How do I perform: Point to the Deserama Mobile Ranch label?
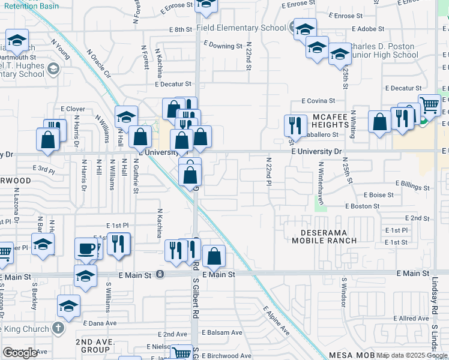coord(324,236)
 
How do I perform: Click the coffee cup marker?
coord(86,248)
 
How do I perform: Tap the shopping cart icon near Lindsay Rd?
coord(430,106)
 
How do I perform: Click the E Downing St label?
coord(223,44)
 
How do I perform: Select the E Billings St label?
coord(413,187)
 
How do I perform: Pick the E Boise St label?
coord(378,195)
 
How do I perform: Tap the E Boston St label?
coord(363,206)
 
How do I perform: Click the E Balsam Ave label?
coord(221,332)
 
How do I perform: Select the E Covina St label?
coord(318,101)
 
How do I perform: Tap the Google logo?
coord(20,353)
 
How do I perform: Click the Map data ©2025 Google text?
coord(412,355)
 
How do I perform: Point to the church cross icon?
coord(58,328)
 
